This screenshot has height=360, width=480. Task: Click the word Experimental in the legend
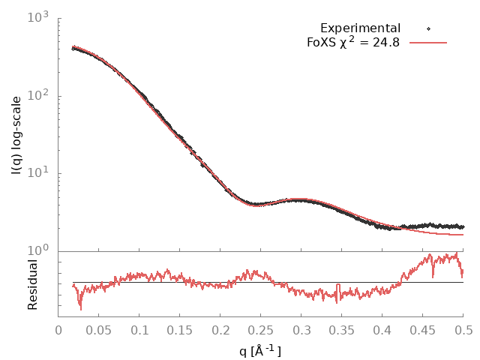(360, 28)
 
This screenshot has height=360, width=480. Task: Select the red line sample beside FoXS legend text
(428, 43)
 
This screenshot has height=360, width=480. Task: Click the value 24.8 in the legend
(385, 43)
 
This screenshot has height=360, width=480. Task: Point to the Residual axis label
(32, 284)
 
